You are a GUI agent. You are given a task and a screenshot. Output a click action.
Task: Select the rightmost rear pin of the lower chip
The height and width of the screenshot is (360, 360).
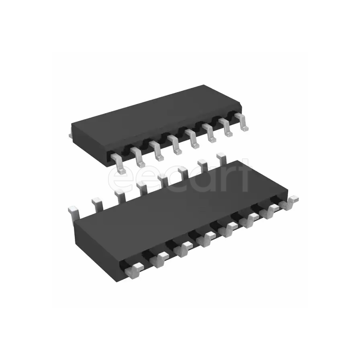pos(221,157)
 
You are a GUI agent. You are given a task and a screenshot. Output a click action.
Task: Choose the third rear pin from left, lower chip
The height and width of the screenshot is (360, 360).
pos(119,194)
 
